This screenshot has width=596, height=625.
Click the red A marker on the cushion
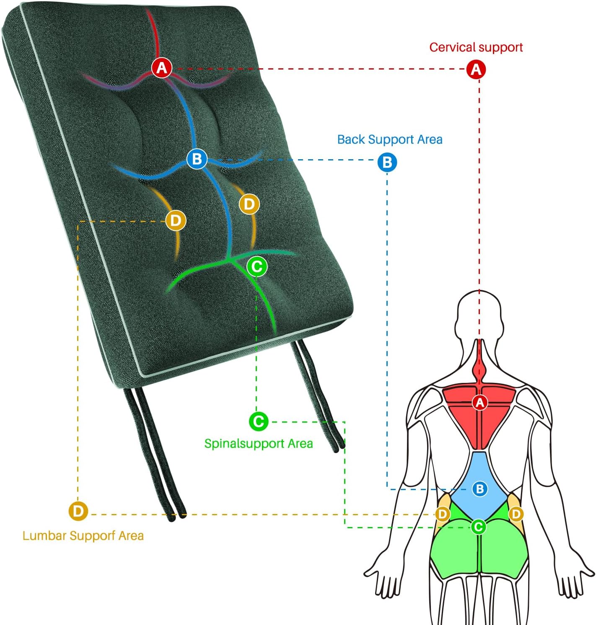point(162,67)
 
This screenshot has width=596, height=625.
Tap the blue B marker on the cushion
point(197,159)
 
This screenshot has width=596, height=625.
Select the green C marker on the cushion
point(257,266)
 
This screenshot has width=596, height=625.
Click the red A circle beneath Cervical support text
point(476,69)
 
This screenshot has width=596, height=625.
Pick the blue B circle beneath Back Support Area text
point(387,162)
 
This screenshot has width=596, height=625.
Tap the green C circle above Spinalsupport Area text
point(259,421)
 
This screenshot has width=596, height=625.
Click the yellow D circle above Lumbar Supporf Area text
point(78,511)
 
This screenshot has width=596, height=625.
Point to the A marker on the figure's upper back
point(480,403)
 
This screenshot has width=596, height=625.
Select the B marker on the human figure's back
point(479,488)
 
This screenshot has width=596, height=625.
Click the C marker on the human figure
point(478,527)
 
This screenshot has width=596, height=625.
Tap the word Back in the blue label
point(351,139)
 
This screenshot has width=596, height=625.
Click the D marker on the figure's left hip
point(443,514)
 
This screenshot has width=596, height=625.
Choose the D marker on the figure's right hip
point(516,514)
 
